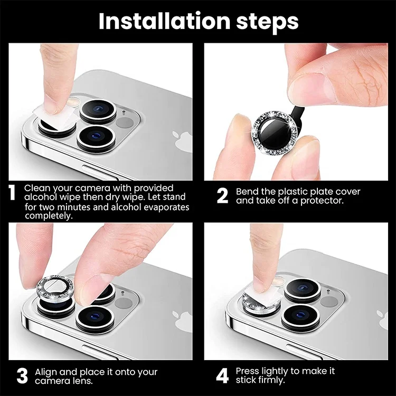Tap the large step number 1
(12, 193)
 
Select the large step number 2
(222, 195)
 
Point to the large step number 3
(22, 375)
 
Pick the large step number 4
(222, 375)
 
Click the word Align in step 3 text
(46, 372)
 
